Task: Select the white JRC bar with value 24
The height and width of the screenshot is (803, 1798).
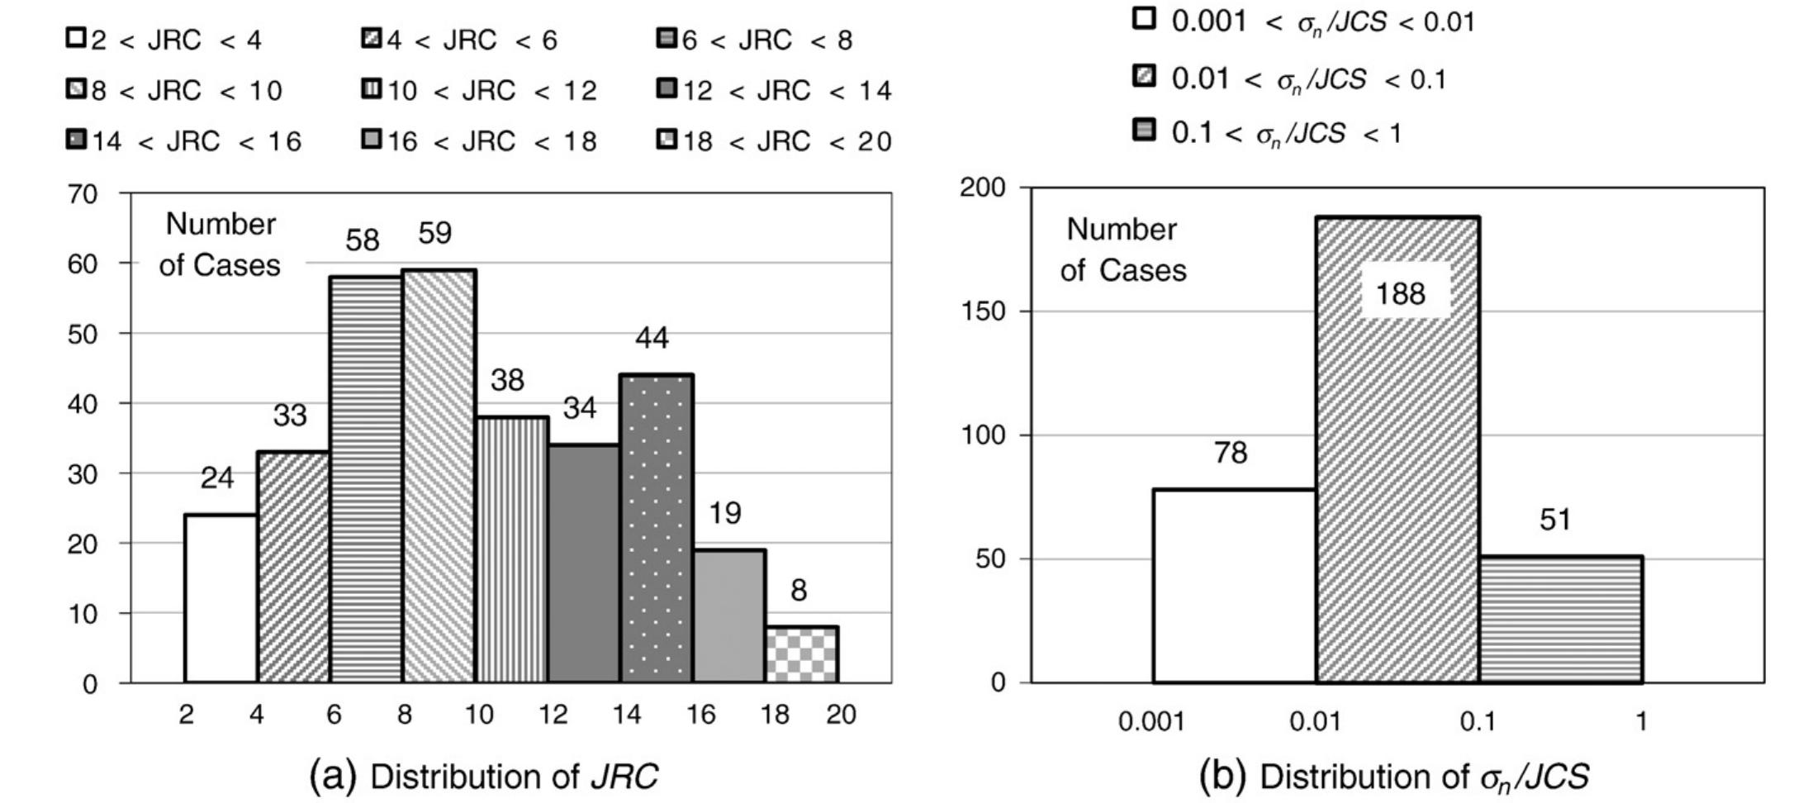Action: tap(221, 599)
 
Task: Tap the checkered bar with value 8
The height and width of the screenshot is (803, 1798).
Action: tap(801, 655)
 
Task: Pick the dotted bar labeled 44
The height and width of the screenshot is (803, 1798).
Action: tap(656, 529)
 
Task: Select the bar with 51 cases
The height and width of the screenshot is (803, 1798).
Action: tap(1559, 620)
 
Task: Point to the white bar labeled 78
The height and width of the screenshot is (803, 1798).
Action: tap(1233, 586)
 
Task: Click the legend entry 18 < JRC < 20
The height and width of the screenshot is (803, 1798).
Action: tap(774, 141)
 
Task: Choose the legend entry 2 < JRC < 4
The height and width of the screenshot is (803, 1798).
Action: tap(164, 40)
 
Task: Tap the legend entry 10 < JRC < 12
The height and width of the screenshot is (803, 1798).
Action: tap(480, 90)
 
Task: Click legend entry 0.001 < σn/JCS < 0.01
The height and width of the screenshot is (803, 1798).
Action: tap(1305, 21)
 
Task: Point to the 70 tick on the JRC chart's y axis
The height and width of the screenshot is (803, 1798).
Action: tap(83, 194)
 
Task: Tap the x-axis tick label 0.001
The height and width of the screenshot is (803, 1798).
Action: tap(1150, 722)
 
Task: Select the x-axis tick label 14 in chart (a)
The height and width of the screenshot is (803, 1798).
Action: tap(627, 714)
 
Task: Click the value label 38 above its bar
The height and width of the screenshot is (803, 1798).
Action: tap(507, 380)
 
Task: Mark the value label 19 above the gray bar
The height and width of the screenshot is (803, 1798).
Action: tap(725, 514)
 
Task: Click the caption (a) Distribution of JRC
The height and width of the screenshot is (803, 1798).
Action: tap(484, 777)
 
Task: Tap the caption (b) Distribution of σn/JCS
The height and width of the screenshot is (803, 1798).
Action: tap(1394, 777)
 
